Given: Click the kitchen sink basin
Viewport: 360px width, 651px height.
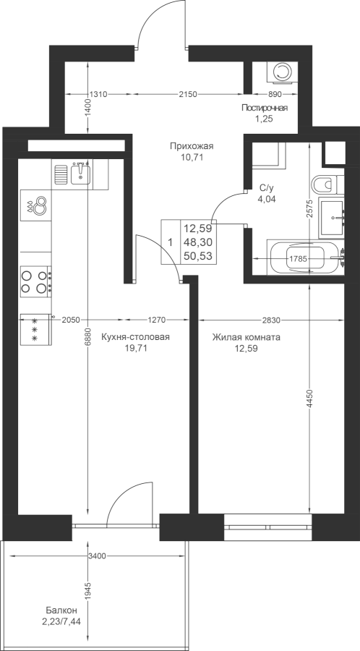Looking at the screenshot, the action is (81, 173).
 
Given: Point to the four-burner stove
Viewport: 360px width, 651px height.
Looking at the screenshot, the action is (36, 281).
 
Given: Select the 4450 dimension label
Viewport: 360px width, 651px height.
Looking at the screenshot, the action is (310, 399).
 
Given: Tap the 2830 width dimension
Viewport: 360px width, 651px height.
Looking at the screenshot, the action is (272, 320).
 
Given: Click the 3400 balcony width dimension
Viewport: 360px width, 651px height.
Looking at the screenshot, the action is (97, 556).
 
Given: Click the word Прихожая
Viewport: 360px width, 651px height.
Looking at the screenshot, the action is (191, 145).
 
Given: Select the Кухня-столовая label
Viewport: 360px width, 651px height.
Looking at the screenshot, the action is (136, 337).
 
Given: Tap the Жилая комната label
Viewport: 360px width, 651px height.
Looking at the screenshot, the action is (247, 337).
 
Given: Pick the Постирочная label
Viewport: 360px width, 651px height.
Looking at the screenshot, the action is (265, 108).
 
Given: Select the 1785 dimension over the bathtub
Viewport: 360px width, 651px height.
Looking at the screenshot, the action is (298, 259).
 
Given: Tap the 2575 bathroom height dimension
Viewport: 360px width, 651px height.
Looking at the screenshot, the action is (310, 213).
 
